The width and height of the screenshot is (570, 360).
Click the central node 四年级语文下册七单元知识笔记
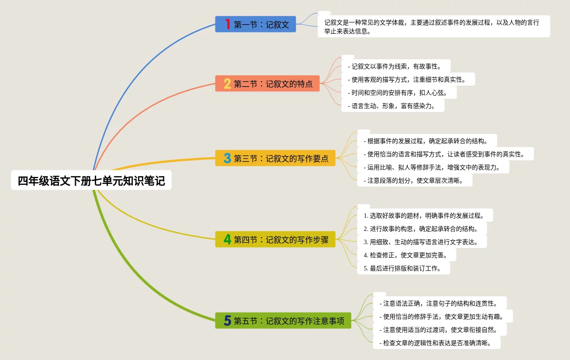point(91,181)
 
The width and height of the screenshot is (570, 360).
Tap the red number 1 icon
point(227,24)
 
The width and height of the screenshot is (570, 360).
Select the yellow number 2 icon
point(227,83)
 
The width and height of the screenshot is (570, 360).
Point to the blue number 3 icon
point(227,158)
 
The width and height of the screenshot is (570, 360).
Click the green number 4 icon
point(227,239)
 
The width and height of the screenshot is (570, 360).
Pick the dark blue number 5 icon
point(227,320)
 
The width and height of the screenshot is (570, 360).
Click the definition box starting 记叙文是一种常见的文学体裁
point(434,26)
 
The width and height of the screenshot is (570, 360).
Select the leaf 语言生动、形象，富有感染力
point(393,106)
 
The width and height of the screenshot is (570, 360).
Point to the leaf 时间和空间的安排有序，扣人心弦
point(399,93)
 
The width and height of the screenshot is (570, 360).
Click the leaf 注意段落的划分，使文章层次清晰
point(415,180)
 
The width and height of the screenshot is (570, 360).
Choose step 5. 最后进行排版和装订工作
point(404,268)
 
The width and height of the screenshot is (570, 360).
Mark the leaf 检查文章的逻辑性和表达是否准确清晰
point(437,342)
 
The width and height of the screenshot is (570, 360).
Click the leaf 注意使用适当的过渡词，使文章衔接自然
point(439,329)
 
